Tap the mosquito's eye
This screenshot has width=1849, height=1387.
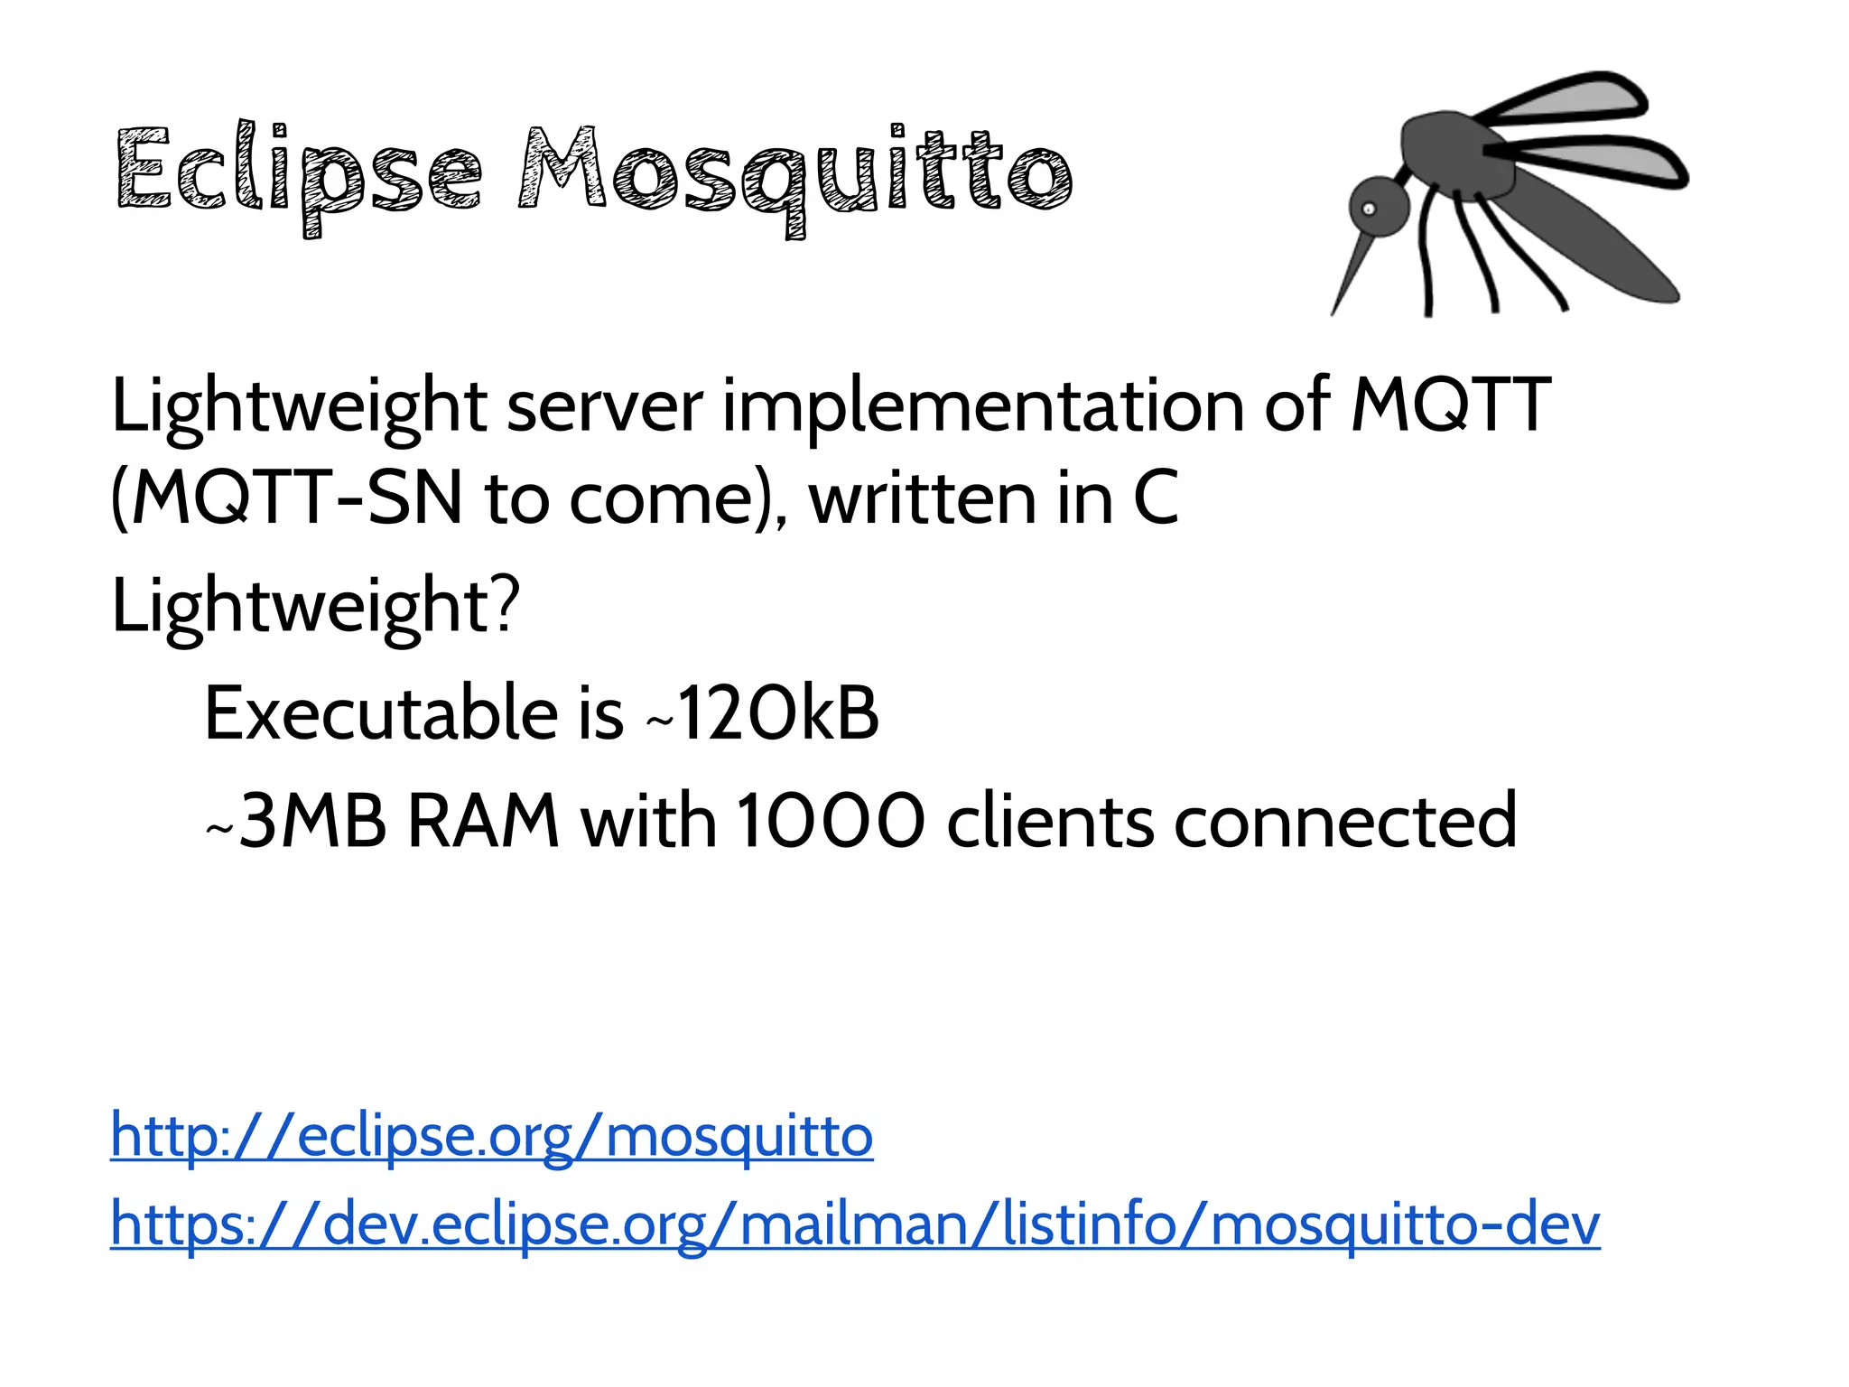pyautogui.click(x=1369, y=209)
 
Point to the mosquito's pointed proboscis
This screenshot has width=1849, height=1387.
pyautogui.click(x=1354, y=271)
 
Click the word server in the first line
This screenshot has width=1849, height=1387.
pyautogui.click(x=604, y=406)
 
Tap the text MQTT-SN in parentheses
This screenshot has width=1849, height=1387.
pyautogui.click(x=298, y=498)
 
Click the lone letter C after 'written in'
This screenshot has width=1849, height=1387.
pyautogui.click(x=1156, y=498)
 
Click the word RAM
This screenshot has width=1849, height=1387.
pyautogui.click(x=483, y=822)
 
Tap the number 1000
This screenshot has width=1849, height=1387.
pyautogui.click(x=831, y=822)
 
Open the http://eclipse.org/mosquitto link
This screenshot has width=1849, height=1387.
pyautogui.click(x=492, y=1136)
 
